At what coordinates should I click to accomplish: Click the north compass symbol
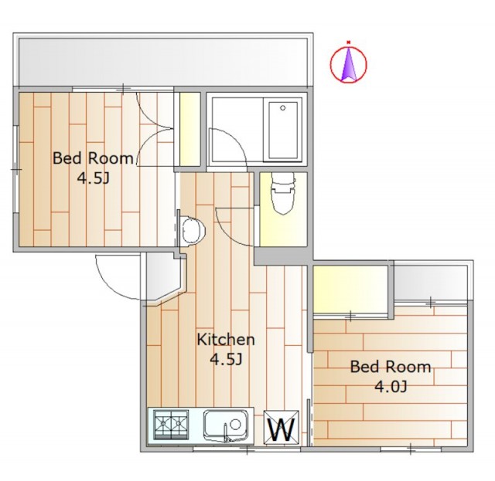(349, 64)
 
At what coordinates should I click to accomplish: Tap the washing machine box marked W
(282, 428)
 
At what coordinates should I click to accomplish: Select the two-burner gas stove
(171, 425)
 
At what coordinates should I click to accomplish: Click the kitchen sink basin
(226, 425)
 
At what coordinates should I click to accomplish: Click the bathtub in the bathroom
(283, 130)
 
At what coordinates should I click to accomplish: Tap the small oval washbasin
(193, 230)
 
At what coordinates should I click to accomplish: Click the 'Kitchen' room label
(226, 340)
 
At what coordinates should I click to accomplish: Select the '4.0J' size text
(391, 387)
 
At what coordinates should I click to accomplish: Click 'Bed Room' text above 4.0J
(391, 367)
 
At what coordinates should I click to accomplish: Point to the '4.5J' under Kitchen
(226, 359)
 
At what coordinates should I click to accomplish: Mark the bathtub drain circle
(283, 108)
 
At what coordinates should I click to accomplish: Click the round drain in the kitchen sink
(235, 425)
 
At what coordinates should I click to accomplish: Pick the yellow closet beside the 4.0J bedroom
(350, 289)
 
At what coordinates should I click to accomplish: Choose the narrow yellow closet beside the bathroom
(189, 129)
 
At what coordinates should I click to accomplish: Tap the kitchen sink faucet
(226, 432)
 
